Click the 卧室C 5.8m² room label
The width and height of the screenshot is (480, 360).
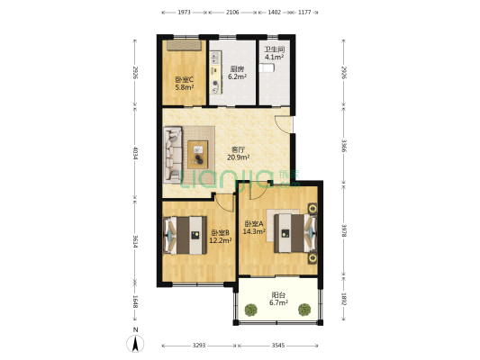coord(184,83)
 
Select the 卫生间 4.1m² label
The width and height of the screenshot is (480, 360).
coord(274,53)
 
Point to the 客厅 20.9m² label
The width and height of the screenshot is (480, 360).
coord(238,153)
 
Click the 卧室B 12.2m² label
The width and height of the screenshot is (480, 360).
coord(221,237)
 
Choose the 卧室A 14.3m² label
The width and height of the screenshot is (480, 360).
coord(255,227)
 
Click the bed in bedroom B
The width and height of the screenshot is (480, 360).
coord(186,237)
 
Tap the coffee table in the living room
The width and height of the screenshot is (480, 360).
coord(197,153)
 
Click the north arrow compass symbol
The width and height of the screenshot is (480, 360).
coord(135,341)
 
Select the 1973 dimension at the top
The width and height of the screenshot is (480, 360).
coord(184,13)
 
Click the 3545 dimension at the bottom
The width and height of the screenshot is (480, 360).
coord(278,346)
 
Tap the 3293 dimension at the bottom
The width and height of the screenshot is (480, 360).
coord(199,346)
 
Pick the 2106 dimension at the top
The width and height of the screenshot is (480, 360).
coord(232,13)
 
